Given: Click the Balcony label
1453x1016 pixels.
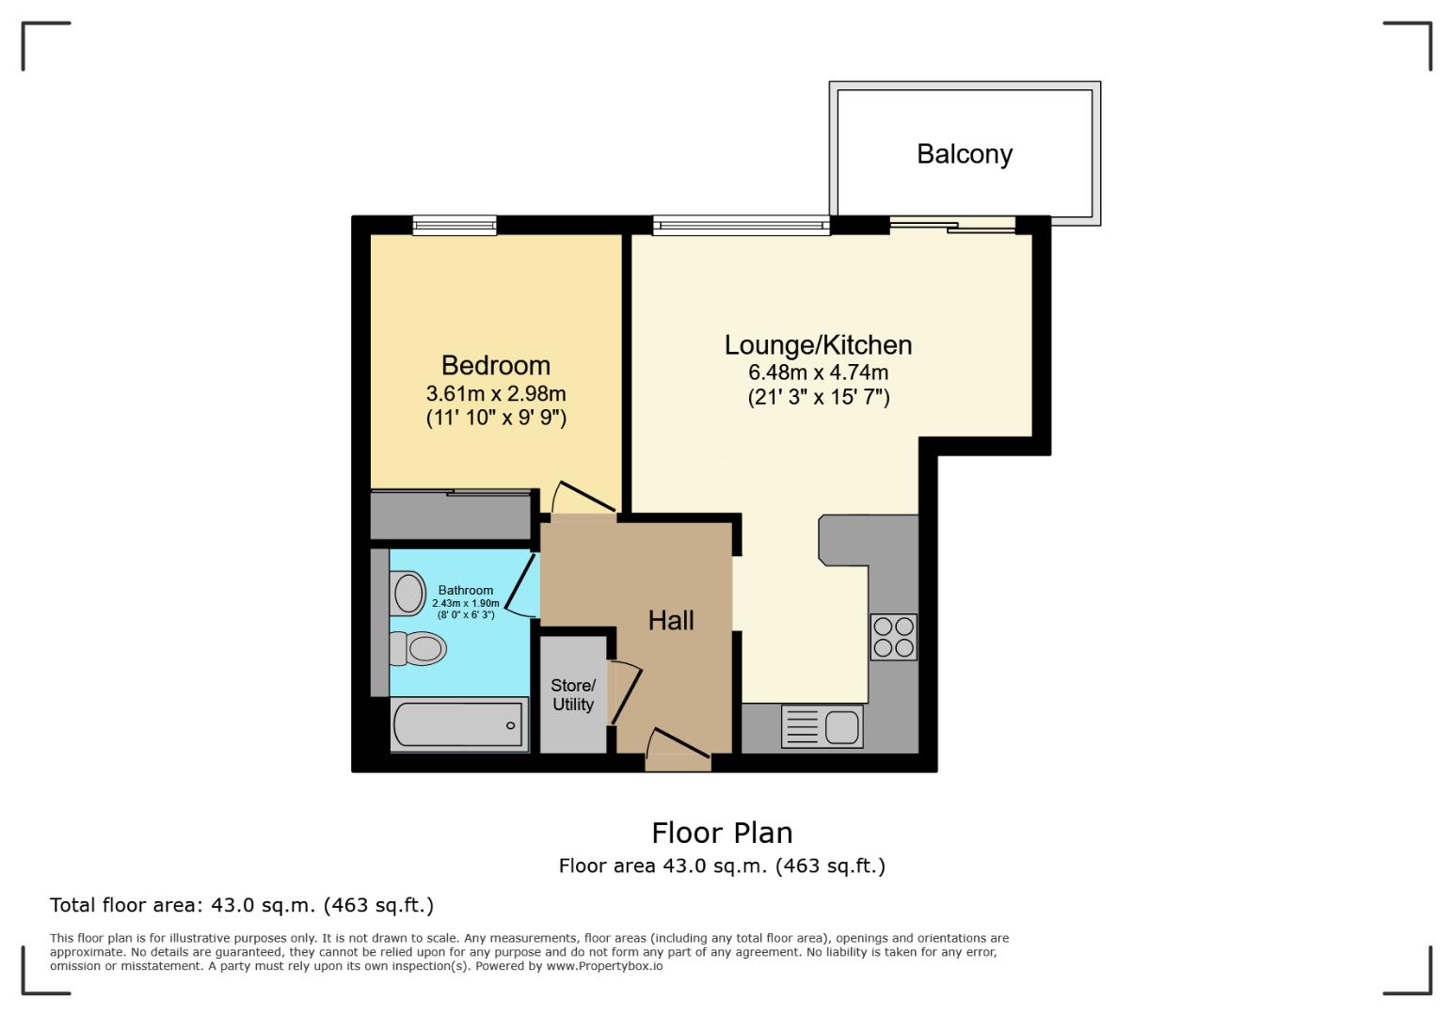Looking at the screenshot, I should pos(964,153).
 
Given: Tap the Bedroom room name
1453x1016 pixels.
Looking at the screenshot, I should pos(495,365).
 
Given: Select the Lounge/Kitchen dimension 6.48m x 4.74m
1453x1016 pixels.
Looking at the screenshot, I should pos(818,373).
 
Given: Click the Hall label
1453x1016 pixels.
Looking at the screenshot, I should pos(671,620).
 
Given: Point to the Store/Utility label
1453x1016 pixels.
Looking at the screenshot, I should pos(572,694).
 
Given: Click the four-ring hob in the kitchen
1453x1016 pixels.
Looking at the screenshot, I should pos(892,637).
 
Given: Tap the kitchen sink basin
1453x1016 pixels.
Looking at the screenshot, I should pos(840,726).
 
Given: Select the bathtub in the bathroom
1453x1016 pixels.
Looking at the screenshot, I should pos(458,725).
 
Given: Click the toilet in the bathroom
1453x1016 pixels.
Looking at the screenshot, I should pos(419,648).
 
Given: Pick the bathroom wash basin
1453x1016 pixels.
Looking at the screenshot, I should pos(408,594).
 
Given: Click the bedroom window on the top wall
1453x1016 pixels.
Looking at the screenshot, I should pos(454,224).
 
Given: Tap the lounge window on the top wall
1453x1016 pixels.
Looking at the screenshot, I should pos(741,225).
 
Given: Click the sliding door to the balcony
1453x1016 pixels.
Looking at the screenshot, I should pos(953,224).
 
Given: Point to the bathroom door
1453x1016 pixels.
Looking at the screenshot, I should pos(520,585).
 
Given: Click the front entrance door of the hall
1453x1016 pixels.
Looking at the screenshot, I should pos(678,744).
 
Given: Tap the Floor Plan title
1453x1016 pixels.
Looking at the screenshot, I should pos(722,833).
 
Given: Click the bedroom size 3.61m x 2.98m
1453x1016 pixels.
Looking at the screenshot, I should pos(496,393).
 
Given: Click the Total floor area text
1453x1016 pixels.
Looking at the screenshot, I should pos(241,905).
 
